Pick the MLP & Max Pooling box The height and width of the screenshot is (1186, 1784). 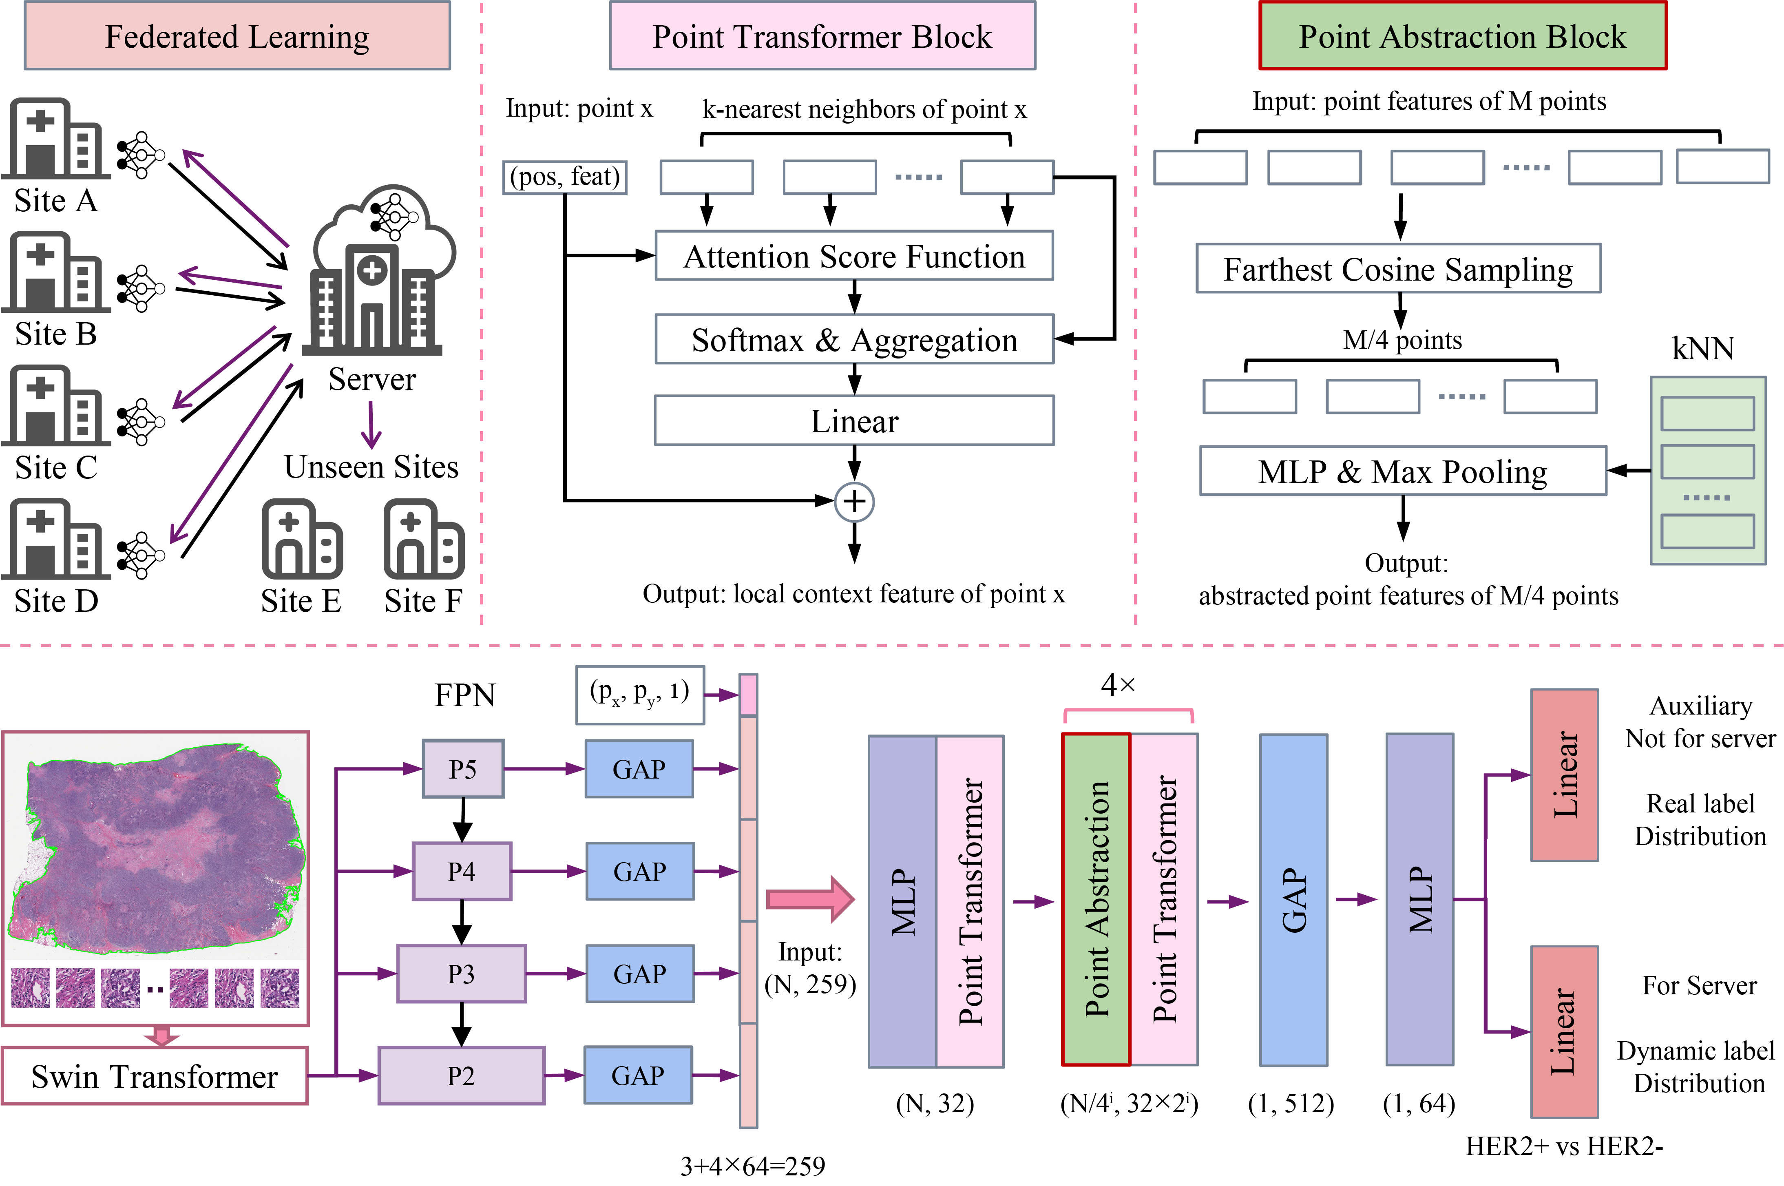[1403, 471]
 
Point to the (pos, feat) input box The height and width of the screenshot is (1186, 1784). [565, 177]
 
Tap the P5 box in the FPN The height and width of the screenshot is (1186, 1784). [463, 768]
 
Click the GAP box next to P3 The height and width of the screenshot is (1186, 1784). [640, 974]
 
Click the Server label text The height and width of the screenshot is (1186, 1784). [372, 379]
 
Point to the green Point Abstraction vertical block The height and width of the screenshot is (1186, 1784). [1096, 899]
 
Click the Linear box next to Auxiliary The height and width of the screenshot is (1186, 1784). [1564, 774]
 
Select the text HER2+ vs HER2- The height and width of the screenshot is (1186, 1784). [1564, 1146]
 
